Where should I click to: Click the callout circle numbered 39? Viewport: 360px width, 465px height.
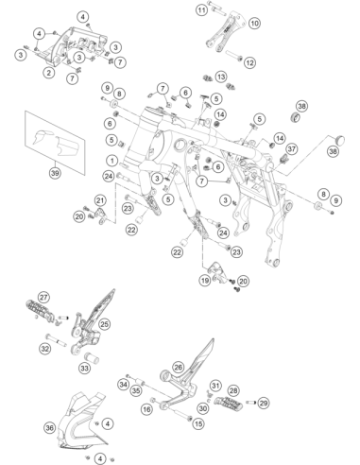point(55,173)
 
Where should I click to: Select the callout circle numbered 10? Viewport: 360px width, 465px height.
point(254,23)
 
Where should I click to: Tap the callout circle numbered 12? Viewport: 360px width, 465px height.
point(249,62)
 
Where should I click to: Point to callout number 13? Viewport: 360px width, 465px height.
point(221,77)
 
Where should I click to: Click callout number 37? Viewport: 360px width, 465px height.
point(292,148)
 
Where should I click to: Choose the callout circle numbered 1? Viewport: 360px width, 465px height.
point(112,161)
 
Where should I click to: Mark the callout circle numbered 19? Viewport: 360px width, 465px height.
point(205,281)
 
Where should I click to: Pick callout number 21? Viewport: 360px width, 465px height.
point(100,200)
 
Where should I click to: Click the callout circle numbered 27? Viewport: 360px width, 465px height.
point(44,298)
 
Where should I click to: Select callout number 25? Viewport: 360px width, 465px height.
point(105,324)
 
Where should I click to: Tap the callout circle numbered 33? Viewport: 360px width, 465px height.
point(84,368)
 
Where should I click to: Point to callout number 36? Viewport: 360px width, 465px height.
point(50,428)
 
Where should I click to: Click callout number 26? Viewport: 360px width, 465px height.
point(179,368)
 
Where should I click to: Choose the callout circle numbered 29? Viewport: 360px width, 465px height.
point(264,403)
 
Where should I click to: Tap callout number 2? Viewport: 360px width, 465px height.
point(49,73)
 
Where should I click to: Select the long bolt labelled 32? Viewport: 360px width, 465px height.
point(57,340)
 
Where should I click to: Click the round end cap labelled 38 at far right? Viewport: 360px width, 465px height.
point(339,140)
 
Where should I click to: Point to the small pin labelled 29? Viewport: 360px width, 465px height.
point(250,403)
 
